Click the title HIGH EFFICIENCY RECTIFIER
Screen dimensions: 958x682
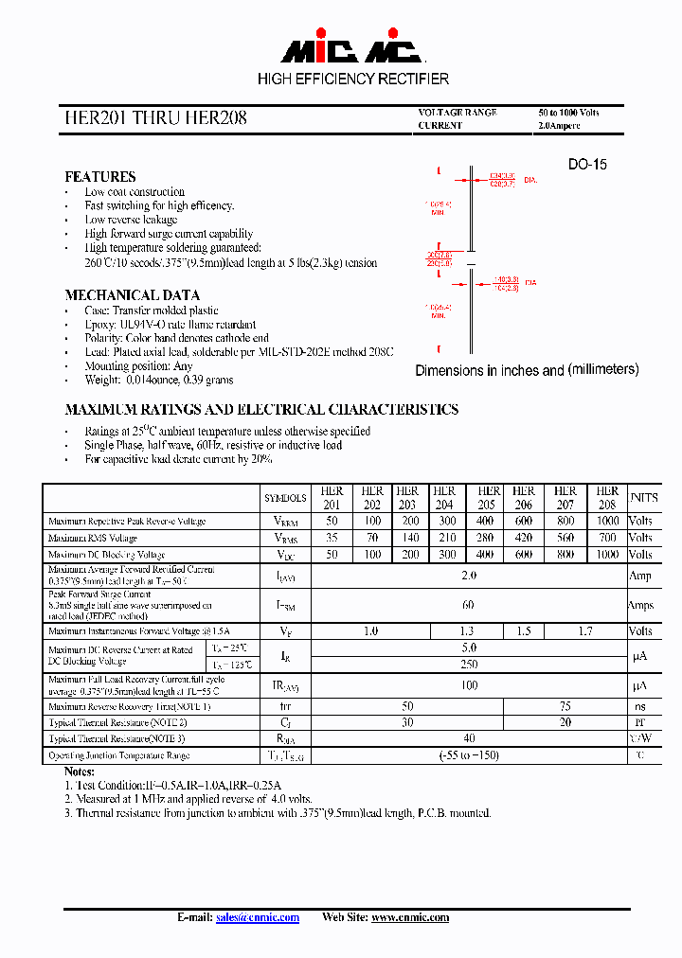(x=353, y=79)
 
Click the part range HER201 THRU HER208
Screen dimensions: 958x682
(x=156, y=118)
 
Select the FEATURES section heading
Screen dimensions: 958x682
(x=99, y=176)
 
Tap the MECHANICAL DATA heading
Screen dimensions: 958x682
(x=132, y=294)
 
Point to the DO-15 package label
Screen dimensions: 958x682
(x=587, y=164)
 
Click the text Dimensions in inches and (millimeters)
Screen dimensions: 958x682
(x=527, y=370)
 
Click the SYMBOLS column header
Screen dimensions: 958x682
(x=285, y=498)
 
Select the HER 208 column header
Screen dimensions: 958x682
(x=607, y=498)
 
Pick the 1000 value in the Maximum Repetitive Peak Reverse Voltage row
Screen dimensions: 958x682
(x=607, y=521)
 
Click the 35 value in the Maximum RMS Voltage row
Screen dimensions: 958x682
(x=332, y=538)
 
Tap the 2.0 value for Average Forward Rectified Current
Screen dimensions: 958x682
(x=469, y=576)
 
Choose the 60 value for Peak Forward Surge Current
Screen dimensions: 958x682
(x=469, y=605)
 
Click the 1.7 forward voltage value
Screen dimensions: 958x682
(x=585, y=630)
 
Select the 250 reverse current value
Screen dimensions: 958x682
(x=469, y=664)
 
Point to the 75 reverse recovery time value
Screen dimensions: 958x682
(x=564, y=707)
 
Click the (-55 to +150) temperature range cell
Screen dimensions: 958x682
(x=469, y=755)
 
